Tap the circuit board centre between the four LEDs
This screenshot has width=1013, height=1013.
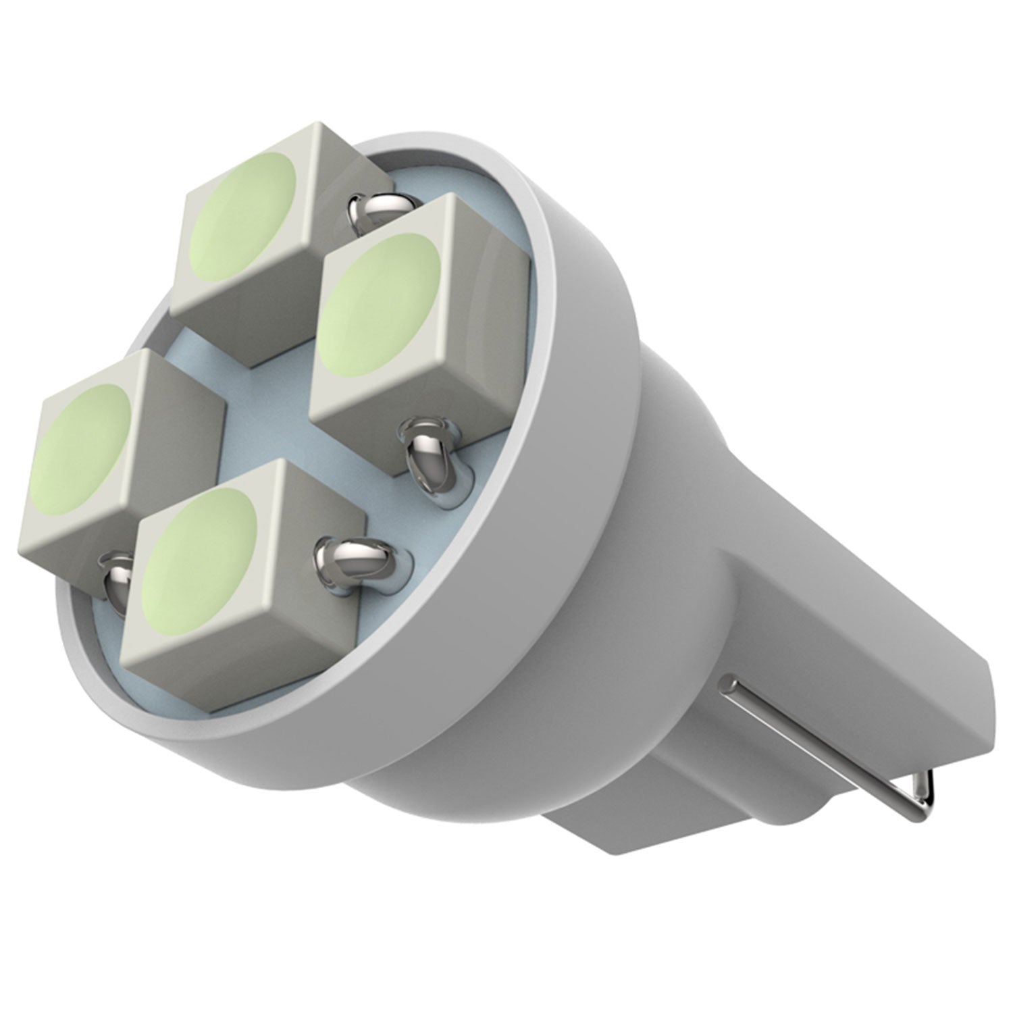coord(270,405)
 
